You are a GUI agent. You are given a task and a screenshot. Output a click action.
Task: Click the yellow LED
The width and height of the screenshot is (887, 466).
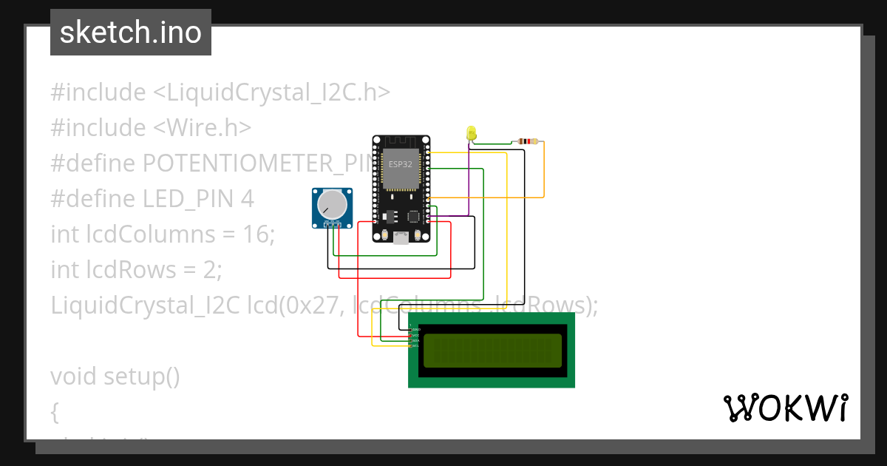472,133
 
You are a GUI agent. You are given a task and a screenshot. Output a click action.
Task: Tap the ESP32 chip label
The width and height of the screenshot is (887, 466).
401,164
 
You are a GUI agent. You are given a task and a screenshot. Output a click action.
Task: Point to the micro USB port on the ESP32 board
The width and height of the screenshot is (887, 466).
401,237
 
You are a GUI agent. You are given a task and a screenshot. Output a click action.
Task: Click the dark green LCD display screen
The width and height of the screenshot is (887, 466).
492,350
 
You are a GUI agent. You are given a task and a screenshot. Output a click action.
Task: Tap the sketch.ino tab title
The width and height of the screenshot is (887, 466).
131,33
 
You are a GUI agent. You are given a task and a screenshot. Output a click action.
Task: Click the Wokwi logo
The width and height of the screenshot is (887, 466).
785,408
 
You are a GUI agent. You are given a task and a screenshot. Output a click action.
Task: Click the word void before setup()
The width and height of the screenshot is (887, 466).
74,376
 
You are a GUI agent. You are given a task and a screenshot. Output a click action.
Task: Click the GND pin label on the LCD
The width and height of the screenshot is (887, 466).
415,329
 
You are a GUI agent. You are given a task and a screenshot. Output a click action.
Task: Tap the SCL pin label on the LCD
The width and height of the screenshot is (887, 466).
415,345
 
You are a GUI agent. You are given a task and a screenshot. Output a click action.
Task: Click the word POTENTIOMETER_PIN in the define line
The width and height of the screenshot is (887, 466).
259,163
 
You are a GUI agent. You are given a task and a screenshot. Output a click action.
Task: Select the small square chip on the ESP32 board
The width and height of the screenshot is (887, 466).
413,217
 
